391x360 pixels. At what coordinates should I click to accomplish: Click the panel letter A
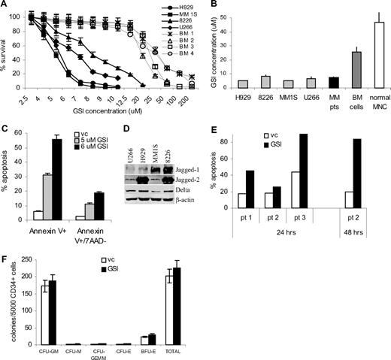(6, 7)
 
